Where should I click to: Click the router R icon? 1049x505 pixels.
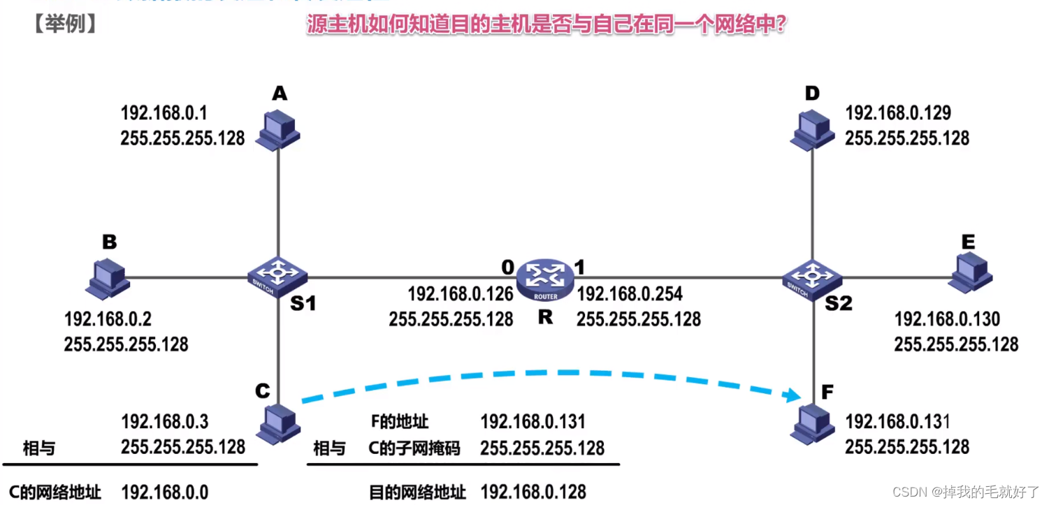tap(546, 279)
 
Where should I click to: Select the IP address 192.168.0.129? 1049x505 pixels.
tap(898, 113)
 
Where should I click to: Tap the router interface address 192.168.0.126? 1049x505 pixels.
tap(461, 293)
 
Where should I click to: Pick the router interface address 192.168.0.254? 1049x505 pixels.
tap(630, 293)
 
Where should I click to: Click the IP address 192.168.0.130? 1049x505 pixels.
tap(947, 319)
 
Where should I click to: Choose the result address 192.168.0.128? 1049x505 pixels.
tap(533, 492)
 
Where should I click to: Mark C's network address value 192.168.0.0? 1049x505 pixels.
tap(165, 492)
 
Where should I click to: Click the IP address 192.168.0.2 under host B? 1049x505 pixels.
tap(108, 319)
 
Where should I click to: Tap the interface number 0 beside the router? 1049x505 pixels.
tap(507, 266)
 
